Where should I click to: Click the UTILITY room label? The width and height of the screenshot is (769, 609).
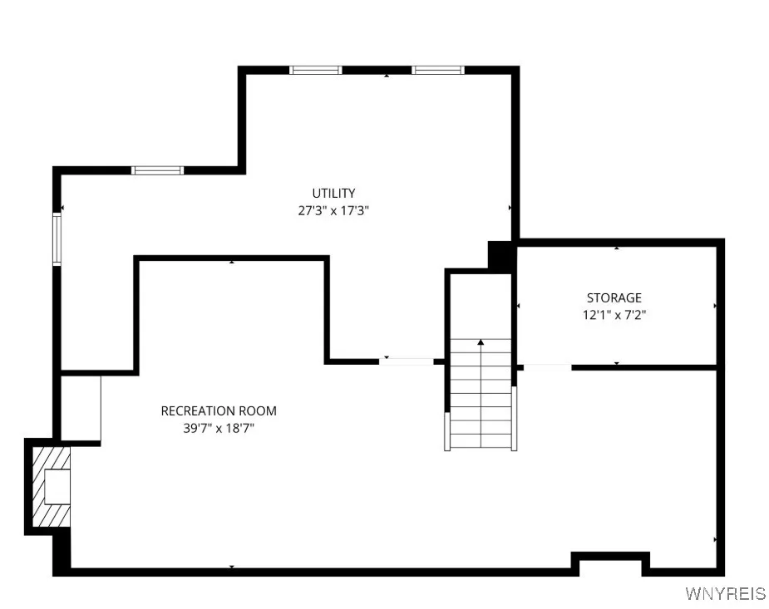[333, 194]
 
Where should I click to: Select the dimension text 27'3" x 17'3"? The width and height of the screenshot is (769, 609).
[333, 211]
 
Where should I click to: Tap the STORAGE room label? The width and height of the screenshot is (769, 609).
[614, 297]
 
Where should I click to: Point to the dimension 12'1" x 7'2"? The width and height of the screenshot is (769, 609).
[614, 315]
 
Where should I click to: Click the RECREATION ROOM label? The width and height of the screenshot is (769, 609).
[219, 410]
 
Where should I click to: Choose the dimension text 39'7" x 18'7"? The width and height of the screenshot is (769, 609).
[219, 428]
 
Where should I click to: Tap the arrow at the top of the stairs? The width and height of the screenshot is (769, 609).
[481, 341]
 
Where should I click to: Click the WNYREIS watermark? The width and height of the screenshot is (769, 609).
[724, 593]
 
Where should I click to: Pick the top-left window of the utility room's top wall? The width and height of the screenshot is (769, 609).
[316, 70]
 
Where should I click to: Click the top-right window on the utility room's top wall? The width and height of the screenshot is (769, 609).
[437, 70]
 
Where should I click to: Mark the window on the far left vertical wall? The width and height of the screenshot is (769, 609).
[57, 239]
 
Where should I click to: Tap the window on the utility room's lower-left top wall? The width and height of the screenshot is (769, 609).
[157, 170]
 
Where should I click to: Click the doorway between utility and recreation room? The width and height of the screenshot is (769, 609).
[407, 361]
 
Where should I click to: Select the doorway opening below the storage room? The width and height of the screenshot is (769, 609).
[546, 366]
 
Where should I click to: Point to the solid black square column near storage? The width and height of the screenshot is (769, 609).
[501, 255]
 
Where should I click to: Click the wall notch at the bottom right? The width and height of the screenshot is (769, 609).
[611, 565]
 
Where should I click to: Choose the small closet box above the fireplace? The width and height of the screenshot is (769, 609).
[81, 408]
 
